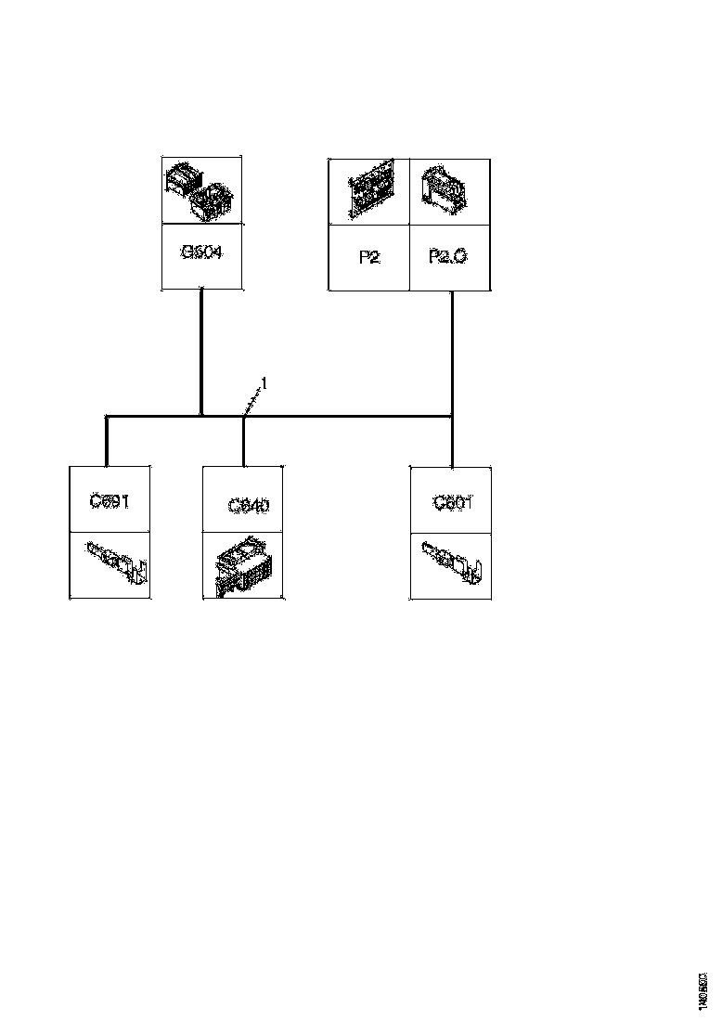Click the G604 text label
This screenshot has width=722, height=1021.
pos(201,252)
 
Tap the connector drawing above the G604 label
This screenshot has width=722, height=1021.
pos(202,190)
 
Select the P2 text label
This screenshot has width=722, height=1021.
pos(369,257)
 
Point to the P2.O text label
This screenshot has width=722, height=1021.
pos(448,256)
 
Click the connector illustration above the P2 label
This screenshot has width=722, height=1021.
pos(369,191)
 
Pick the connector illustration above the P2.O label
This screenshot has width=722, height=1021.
pos(449,191)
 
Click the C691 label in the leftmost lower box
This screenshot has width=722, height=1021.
pos(110,501)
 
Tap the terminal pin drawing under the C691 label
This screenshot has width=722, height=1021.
pos(117,564)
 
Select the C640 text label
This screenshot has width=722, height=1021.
pos(249,506)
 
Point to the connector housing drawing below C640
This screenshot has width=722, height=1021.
pos(242,566)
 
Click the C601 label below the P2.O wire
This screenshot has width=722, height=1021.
pos(453,502)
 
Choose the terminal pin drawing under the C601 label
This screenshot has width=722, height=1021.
pos(451,562)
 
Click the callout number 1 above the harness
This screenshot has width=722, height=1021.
pos(264,381)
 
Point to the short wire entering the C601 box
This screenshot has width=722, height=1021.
pos(451,442)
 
